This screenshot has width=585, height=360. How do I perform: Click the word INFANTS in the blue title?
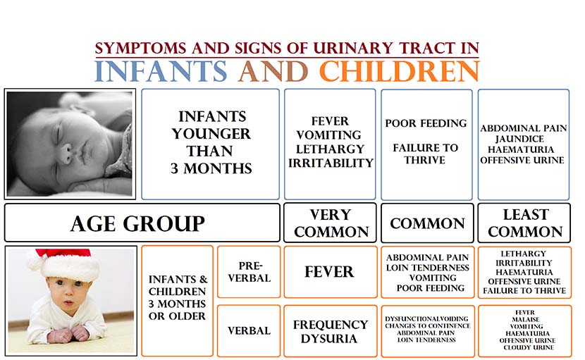(161, 71)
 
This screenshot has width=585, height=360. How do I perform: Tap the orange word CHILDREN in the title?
(399, 71)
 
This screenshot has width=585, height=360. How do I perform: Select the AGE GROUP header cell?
(142, 223)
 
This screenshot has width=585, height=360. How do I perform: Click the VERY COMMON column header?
(330, 223)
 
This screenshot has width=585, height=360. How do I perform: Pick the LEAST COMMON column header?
(524, 223)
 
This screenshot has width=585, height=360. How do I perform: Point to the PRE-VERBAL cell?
(249, 272)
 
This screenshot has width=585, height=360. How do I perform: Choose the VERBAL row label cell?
(249, 331)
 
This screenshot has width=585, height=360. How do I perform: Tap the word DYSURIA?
(329, 338)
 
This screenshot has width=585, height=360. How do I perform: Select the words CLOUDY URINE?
(529, 347)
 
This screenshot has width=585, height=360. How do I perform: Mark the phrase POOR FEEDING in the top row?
(426, 123)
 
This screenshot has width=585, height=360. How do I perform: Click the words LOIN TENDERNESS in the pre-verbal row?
(428, 268)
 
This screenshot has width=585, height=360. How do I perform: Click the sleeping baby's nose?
(67, 152)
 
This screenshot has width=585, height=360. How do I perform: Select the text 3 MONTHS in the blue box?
(211, 168)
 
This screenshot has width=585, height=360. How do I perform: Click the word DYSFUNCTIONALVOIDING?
(426, 319)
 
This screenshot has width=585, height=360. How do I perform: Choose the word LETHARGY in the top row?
(330, 149)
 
